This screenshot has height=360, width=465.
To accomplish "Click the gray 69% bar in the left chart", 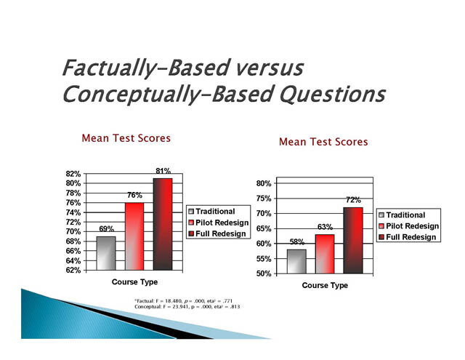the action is pyautogui.click(x=106, y=253).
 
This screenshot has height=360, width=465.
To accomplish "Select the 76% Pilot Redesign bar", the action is pyautogui.click(x=134, y=236).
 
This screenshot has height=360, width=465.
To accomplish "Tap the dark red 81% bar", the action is pyautogui.click(x=163, y=224).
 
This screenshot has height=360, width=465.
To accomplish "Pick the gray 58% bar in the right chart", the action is pyautogui.click(x=296, y=262).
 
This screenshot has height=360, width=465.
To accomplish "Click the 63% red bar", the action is pyautogui.click(x=325, y=254).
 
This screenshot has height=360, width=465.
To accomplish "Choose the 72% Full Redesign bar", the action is pyautogui.click(x=353, y=241).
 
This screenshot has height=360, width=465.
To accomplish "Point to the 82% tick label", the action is pyautogui.click(x=73, y=174).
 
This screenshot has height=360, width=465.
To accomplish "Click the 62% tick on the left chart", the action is pyautogui.click(x=73, y=271).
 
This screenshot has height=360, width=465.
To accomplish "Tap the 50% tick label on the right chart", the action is pyautogui.click(x=264, y=273).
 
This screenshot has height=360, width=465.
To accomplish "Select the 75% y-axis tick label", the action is pyautogui.click(x=264, y=199).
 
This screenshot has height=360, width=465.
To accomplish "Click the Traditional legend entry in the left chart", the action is pyautogui.click(x=211, y=212).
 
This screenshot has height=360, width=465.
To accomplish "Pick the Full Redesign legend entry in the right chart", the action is pyautogui.click(x=408, y=237).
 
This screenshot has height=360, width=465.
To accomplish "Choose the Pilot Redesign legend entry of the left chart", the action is pyautogui.click(x=219, y=223).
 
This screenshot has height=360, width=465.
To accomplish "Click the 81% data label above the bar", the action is pyautogui.click(x=163, y=171).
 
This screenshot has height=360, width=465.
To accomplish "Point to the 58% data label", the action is pyautogui.click(x=297, y=242).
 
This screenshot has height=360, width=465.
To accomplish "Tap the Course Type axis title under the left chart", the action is pyautogui.click(x=134, y=282).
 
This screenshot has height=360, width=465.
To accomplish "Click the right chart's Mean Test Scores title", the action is pyautogui.click(x=323, y=142).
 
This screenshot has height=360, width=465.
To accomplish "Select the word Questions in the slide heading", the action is pyautogui.click(x=333, y=95).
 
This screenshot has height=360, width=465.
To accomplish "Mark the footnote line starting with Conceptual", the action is pyautogui.click(x=187, y=307).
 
